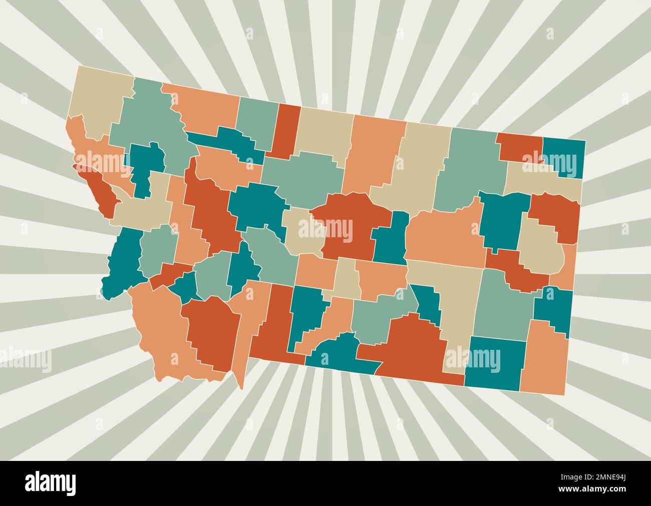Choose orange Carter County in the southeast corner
544,358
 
